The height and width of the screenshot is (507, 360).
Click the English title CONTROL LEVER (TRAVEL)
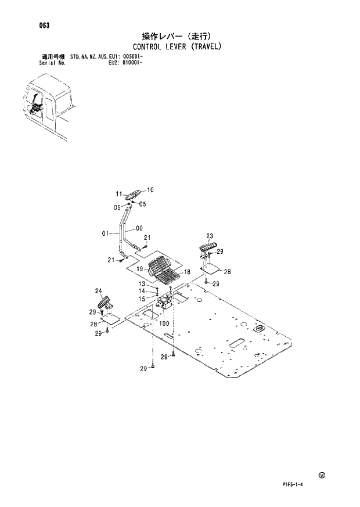tap(178, 46)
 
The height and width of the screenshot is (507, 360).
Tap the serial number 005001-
tap(132, 57)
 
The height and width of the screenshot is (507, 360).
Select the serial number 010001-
tap(132, 63)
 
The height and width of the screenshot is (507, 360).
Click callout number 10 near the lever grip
tap(150, 189)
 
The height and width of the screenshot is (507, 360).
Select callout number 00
tap(139, 228)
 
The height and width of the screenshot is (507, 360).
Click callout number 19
tap(141, 269)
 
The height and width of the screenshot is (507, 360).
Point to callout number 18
tap(187, 272)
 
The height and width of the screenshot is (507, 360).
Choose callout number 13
tap(141, 283)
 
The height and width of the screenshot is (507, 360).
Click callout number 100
tap(164, 323)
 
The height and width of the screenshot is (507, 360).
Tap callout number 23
tap(210, 235)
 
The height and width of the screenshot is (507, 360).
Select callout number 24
tap(98, 291)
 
